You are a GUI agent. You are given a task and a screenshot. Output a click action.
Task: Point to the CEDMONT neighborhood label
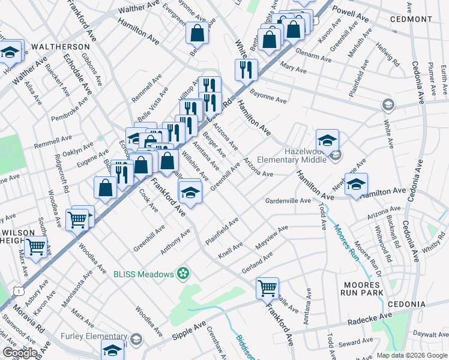[411, 19]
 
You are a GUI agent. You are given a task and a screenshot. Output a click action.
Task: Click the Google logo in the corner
[19, 353]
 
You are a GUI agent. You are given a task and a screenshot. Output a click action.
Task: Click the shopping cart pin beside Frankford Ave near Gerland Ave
[267, 288]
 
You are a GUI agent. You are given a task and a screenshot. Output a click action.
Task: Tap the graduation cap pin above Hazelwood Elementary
[327, 141]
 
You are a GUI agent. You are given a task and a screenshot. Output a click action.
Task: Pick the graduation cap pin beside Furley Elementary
[112, 350]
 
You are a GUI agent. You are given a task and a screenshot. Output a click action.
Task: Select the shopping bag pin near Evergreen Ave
[197, 34]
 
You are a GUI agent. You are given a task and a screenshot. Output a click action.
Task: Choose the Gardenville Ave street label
[289, 200]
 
